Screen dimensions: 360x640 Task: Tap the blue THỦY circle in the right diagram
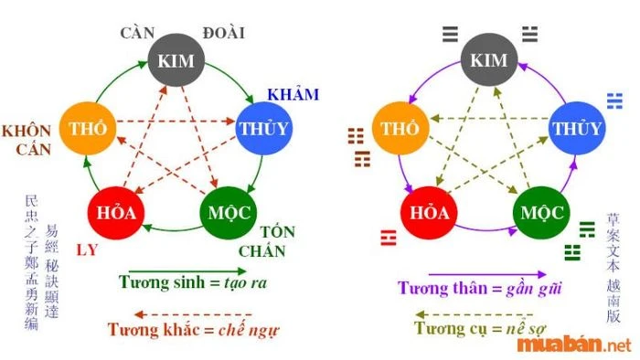click(576, 128)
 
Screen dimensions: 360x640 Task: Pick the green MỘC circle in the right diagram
click(539, 213)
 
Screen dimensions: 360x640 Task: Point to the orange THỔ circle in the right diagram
click(400, 128)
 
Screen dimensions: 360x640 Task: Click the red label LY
click(88, 249)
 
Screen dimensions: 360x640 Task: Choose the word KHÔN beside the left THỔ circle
click(26, 130)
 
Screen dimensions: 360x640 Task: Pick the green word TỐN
click(278, 231)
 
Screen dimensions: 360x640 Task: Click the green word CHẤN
click(263, 251)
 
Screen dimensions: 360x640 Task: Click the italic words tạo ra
click(244, 283)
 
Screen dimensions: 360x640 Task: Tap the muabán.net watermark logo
click(573, 344)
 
